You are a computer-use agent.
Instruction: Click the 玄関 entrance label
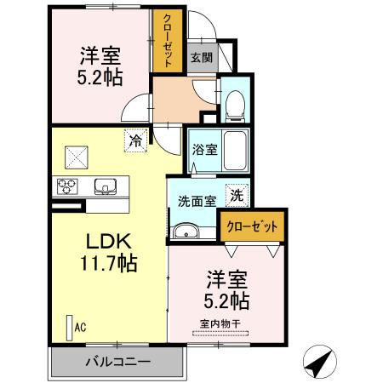[x=201, y=59]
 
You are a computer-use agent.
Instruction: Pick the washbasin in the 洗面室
[x=185, y=230]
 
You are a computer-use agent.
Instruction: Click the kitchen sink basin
[x=106, y=185]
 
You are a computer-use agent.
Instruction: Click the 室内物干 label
[x=219, y=322]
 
